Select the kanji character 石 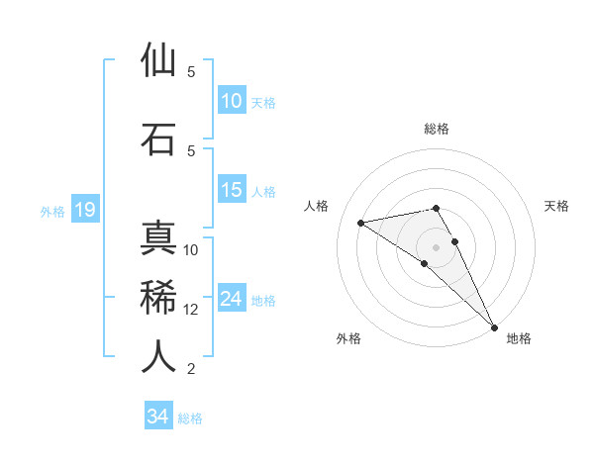click(158, 139)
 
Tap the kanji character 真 click(158, 239)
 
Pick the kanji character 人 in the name click(158, 356)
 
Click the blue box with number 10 click(232, 101)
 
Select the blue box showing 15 click(232, 190)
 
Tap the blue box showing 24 click(232, 299)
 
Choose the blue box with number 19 click(85, 210)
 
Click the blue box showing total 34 click(158, 417)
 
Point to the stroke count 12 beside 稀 click(191, 310)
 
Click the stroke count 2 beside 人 click(191, 369)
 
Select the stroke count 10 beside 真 click(191, 249)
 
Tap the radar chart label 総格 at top click(437, 129)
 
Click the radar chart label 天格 click(557, 206)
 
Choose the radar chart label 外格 click(348, 338)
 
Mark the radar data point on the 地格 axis click(494, 326)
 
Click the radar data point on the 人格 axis click(361, 223)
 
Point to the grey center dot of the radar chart click(437, 246)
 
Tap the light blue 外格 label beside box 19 click(51, 211)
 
